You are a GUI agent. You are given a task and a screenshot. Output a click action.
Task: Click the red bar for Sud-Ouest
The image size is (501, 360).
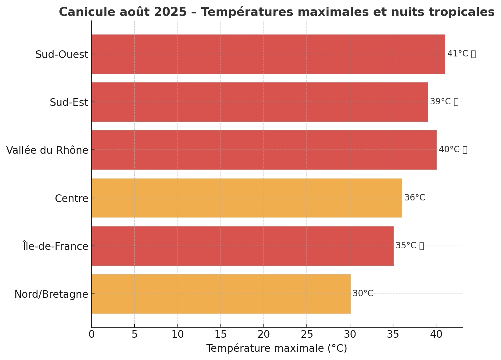[x=268, y=54]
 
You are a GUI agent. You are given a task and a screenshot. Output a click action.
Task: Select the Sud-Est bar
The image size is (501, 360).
[x=260, y=102]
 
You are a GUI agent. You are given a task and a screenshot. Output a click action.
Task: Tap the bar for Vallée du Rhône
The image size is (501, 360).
[x=264, y=150]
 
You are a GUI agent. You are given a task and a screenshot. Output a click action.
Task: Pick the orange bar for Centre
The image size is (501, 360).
[x=247, y=198]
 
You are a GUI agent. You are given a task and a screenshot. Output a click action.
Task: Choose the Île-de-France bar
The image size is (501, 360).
[x=242, y=246]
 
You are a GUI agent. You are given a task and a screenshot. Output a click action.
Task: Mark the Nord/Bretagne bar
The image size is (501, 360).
[x=221, y=294]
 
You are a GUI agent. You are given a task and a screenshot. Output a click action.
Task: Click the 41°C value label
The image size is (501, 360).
[x=458, y=54]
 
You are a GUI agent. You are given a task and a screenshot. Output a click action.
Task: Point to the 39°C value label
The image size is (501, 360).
[x=440, y=102]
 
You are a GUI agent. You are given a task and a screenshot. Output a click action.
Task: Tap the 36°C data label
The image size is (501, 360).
[x=415, y=198]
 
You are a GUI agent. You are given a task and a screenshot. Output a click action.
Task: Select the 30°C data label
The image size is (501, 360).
[x=363, y=293]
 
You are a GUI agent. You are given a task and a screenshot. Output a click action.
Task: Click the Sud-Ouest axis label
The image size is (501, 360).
[x=62, y=55]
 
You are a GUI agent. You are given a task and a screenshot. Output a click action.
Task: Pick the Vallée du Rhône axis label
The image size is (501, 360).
[x=47, y=150]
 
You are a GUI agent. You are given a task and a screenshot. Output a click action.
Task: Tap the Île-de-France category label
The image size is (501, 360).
[x=55, y=246]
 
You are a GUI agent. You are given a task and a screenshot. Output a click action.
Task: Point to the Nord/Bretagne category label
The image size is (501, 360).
[x=51, y=294]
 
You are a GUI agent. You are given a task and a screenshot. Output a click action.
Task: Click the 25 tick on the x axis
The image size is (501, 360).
[x=307, y=335]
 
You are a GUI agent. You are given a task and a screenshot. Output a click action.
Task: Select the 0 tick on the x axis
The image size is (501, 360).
[x=91, y=335]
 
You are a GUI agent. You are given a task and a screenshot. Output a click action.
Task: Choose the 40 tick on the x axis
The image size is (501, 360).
[x=436, y=335]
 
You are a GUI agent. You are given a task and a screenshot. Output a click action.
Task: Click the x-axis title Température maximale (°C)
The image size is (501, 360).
[x=277, y=348]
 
